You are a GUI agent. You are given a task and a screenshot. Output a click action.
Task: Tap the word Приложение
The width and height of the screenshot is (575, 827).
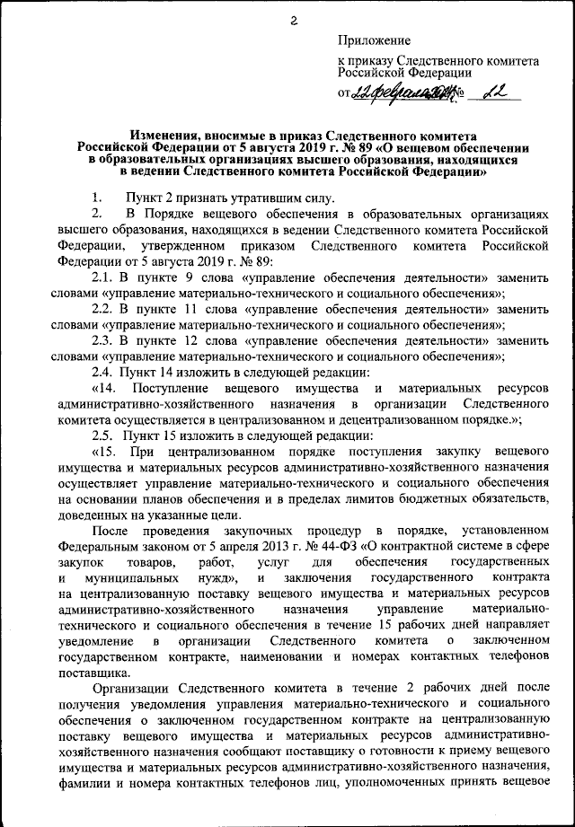coord(375,40)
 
